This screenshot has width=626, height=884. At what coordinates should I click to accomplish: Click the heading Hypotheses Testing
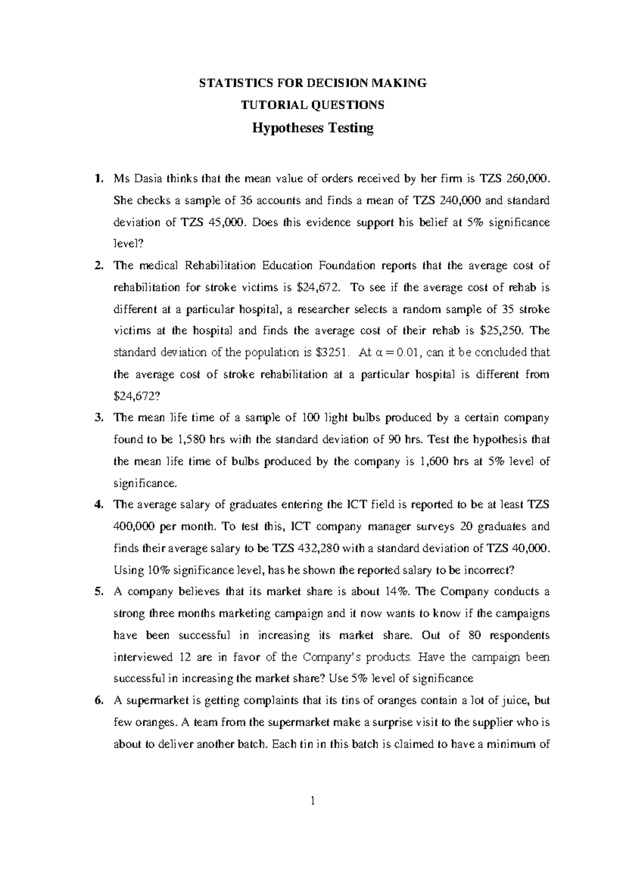313,128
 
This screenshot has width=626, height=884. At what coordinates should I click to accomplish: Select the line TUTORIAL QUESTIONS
312,105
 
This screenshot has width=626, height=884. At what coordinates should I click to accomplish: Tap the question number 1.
98,179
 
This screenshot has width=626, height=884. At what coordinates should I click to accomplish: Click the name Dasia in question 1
149,179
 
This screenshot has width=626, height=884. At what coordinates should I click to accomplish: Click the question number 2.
98,266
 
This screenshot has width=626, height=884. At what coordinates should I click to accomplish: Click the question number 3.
98,418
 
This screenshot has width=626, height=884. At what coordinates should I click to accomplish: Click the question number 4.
98,505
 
